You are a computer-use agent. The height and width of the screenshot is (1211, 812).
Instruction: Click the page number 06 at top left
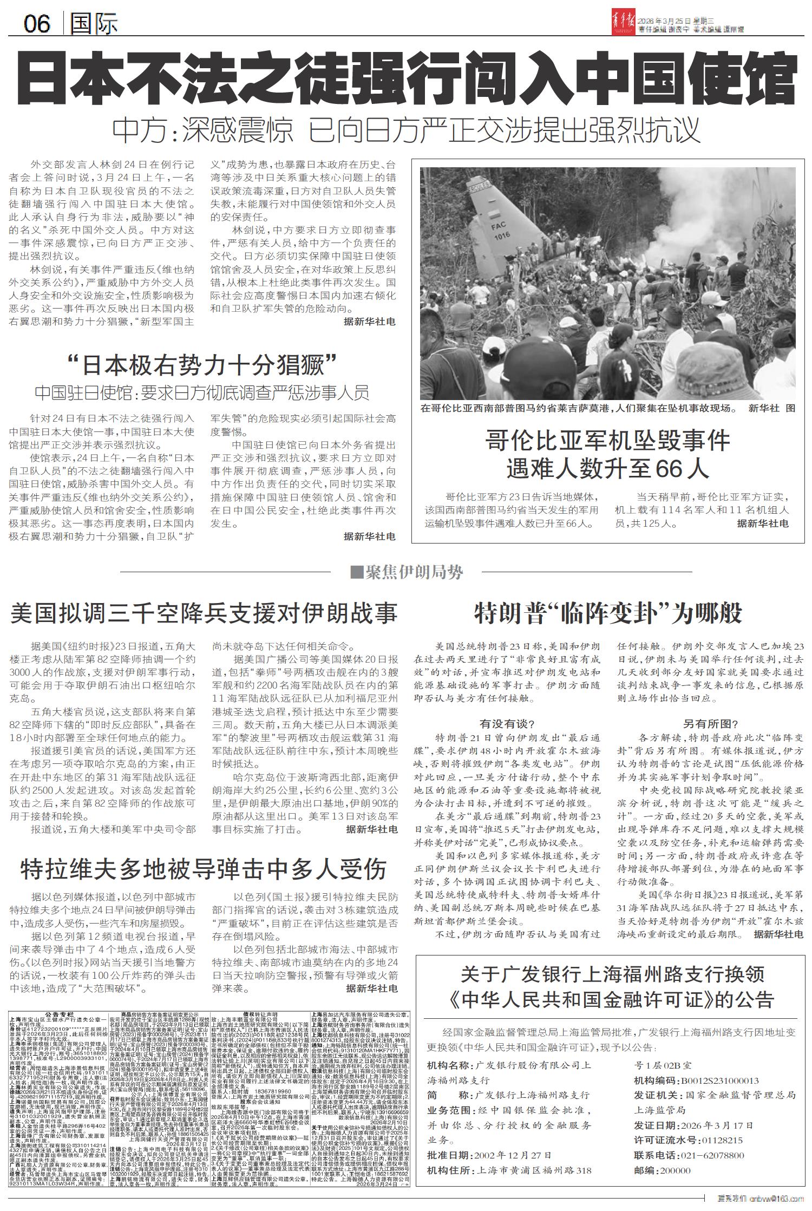(x=36, y=23)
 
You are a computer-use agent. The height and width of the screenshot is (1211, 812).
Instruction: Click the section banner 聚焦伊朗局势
(x=407, y=572)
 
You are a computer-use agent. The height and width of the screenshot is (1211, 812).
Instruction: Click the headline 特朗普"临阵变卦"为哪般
(x=608, y=613)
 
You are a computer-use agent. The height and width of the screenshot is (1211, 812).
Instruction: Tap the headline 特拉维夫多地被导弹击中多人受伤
(x=204, y=869)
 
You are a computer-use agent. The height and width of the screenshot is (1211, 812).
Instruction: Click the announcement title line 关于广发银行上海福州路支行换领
(x=612, y=975)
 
